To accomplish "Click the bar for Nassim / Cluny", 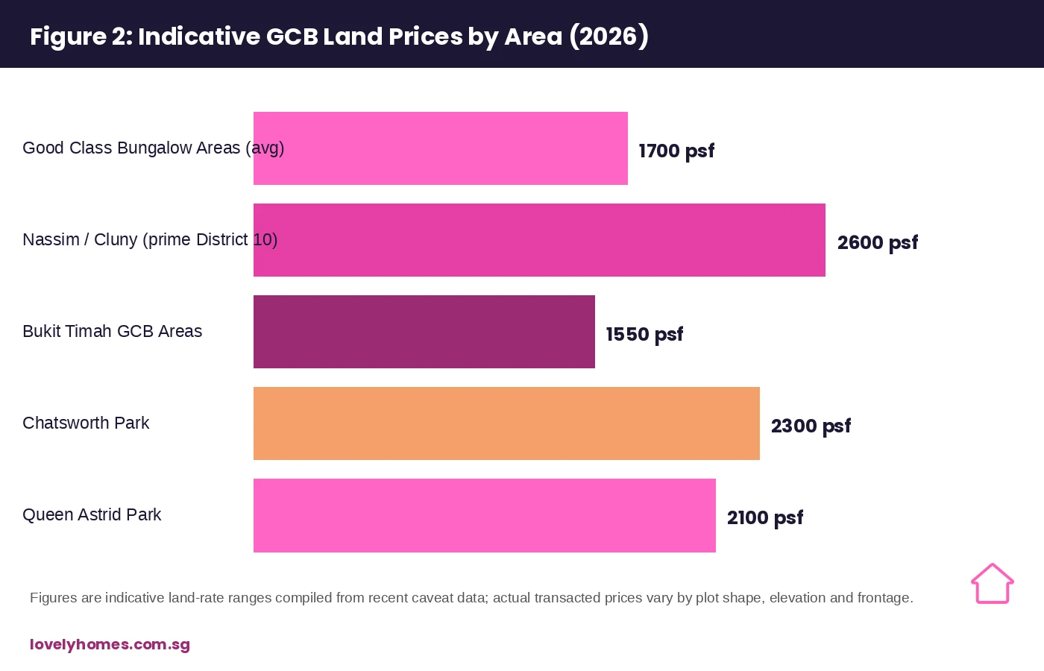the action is coord(539,240).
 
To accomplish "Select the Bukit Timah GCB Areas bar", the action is coord(424,332).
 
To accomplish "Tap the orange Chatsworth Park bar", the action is coord(506,423).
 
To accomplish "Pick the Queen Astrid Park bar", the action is coord(485,515).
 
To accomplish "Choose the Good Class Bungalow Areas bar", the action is coord(441,148).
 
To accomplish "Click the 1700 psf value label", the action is coord(676,151).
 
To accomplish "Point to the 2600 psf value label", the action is coord(878,243).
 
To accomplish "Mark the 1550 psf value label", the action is coord(644,335).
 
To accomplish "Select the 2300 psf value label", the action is coord(811,426).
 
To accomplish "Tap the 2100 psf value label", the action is coord(765,518).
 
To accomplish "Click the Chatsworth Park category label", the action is coord(86,423).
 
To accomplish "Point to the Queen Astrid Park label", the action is coord(92,515).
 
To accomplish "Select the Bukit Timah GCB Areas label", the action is coord(113,331).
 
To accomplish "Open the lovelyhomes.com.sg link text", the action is coord(110,645).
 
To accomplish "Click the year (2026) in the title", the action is coord(609,37).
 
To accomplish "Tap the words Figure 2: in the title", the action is coord(81,37).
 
